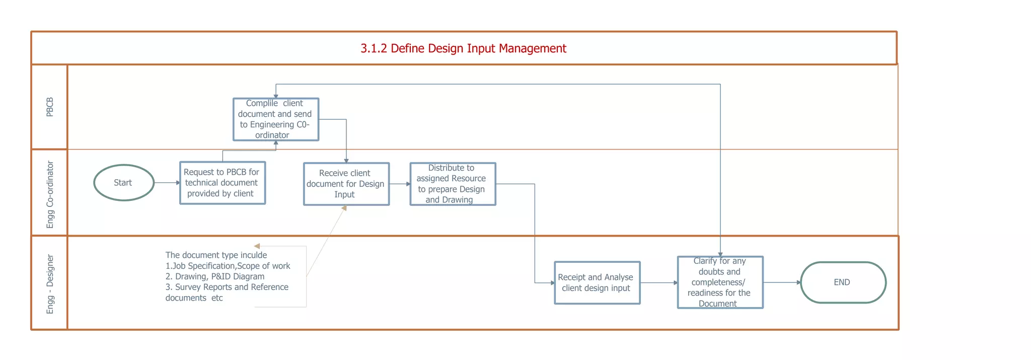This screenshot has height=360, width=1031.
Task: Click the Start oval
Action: coord(123,183)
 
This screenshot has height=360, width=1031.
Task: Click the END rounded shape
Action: coord(843,282)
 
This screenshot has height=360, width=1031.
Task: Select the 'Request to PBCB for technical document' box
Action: coord(222,183)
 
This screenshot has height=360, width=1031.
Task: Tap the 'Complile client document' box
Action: coord(275,119)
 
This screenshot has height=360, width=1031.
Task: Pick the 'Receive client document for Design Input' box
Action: coord(346,184)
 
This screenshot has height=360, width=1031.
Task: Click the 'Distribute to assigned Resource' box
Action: coord(453,184)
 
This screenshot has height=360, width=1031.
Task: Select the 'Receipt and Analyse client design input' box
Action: coord(597,282)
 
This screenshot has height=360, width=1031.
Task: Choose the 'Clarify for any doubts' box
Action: coord(720,282)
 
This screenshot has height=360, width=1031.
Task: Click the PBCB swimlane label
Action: coord(49,107)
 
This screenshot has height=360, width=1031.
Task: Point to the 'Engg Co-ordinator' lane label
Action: coord(49,194)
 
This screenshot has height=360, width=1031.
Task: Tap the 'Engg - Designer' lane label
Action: coord(49,284)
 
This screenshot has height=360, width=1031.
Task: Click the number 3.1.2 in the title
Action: coord(374,48)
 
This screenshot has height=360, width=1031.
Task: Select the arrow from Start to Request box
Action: coord(167,183)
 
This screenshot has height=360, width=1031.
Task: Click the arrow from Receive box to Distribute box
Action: coord(400,184)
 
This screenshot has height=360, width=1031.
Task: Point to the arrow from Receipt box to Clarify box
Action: coord(658,282)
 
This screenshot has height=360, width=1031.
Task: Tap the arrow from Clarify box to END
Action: coord(781,282)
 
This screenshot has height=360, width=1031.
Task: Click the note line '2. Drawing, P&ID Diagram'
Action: coord(215,276)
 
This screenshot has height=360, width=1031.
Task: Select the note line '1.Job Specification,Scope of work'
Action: coord(228,266)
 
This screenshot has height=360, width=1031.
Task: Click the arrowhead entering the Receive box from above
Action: coord(346,160)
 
